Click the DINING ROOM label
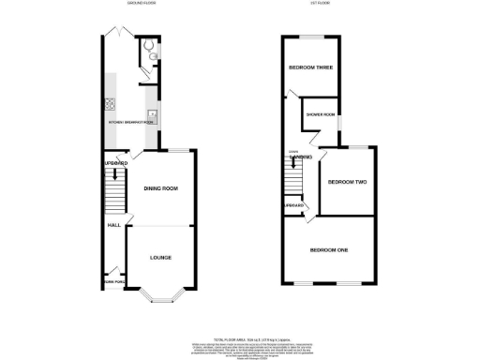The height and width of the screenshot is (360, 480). click(x=160, y=188)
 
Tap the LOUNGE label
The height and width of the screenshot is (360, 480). click(x=160, y=257)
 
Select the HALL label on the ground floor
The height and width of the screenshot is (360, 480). click(x=112, y=225)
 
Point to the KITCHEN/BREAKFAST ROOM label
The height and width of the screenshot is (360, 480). click(x=130, y=123)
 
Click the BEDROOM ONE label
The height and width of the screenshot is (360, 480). click(x=330, y=249)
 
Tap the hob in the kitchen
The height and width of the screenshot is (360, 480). click(x=112, y=105)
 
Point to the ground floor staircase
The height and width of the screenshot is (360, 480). click(x=113, y=194)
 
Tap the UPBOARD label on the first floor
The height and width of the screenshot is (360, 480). click(x=294, y=204)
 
